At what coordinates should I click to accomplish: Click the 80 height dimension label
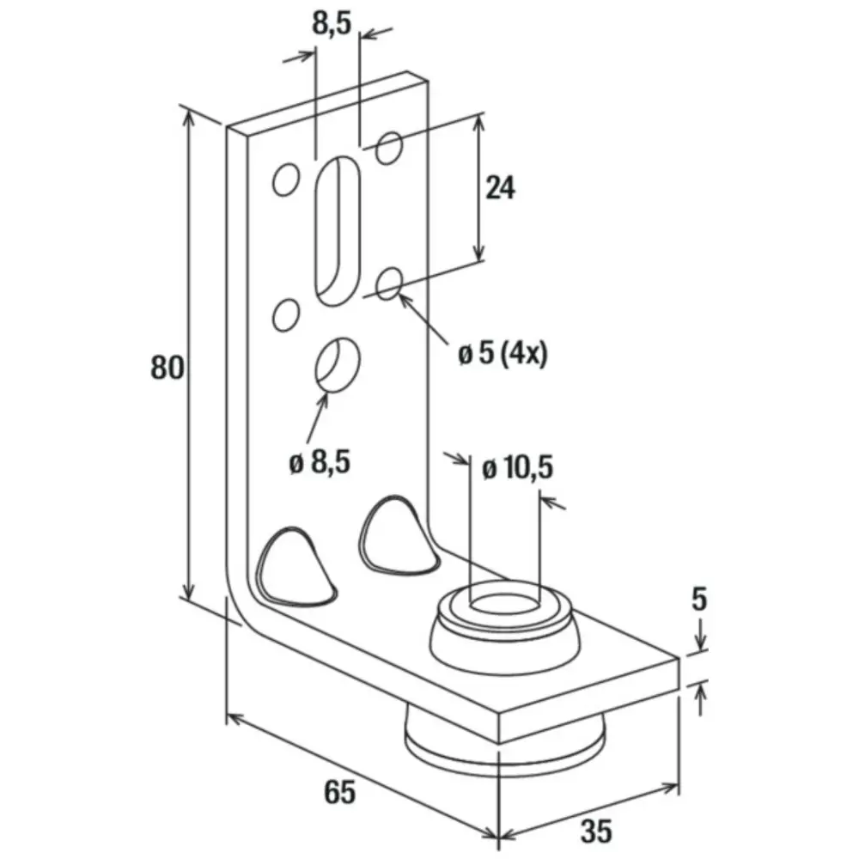click(168, 368)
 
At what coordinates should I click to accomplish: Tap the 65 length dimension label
click(340, 792)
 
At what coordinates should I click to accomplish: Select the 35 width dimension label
click(596, 831)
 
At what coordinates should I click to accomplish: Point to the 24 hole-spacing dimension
click(500, 187)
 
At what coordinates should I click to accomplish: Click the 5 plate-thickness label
click(700, 600)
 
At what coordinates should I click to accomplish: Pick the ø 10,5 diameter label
click(517, 468)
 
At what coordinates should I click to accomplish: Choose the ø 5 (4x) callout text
click(503, 353)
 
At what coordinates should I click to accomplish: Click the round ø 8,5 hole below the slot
click(338, 363)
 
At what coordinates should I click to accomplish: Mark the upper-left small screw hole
click(285, 180)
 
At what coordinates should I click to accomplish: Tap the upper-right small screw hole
click(389, 148)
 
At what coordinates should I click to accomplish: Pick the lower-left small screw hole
click(285, 315)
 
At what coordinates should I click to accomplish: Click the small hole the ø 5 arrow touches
click(389, 282)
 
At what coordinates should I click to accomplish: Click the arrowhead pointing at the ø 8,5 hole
click(324, 398)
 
